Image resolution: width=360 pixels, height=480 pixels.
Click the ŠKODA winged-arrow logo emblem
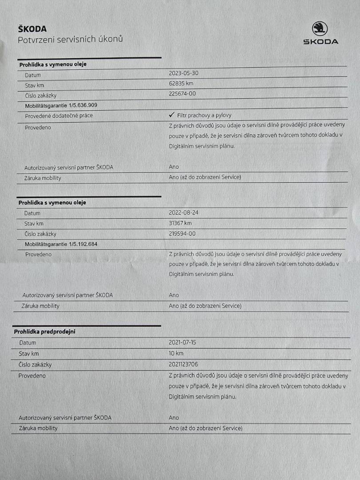coord(320,29)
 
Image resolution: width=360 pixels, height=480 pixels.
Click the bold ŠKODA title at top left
coord(32,29)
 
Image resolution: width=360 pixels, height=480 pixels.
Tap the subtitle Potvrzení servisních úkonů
coord(70,40)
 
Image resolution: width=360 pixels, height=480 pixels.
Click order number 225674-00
coord(182,93)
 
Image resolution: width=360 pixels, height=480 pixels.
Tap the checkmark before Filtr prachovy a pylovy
coord(172,115)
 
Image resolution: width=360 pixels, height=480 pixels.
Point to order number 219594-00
coord(182,233)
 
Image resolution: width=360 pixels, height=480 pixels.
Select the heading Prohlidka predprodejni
coord(44,332)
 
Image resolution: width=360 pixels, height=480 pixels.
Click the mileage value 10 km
coord(176,353)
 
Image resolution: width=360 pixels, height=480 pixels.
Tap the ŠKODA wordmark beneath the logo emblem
coord(320,42)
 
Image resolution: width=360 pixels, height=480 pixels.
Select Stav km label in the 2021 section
coord(29,354)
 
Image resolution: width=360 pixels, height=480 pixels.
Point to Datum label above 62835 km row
coord(33,75)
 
